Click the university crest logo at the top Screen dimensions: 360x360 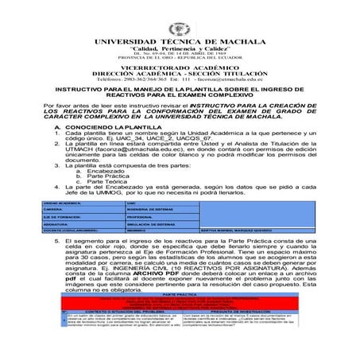pyautogui.click(x=180, y=25)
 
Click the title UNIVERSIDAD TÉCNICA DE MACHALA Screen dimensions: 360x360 pyautogui.click(x=180, y=41)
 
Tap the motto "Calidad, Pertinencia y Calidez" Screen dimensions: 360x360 pyautogui.click(x=180, y=49)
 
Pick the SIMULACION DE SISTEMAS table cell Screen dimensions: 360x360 pyautogui.click(x=152, y=224)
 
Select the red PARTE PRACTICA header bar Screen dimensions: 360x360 pyautogui.click(x=180, y=315)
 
